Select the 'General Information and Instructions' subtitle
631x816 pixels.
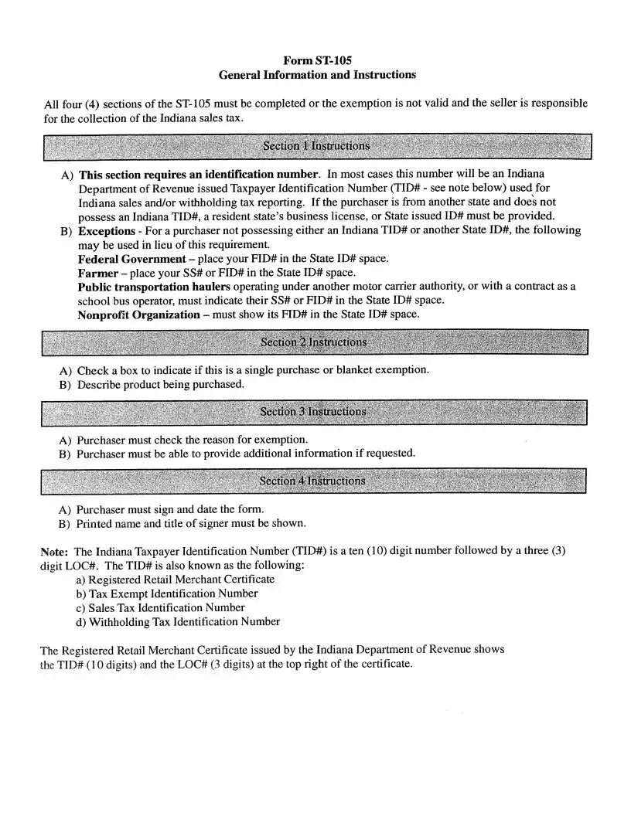[317, 75]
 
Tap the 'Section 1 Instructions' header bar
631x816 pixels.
[316, 146]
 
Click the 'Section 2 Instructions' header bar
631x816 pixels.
[314, 342]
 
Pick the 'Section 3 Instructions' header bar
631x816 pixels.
[313, 412]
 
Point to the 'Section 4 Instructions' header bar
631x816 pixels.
[312, 481]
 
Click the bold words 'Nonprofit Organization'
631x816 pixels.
[138, 314]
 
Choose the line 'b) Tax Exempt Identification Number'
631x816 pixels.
[167, 593]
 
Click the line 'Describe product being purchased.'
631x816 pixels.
[160, 384]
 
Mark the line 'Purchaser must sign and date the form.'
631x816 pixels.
[170, 509]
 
